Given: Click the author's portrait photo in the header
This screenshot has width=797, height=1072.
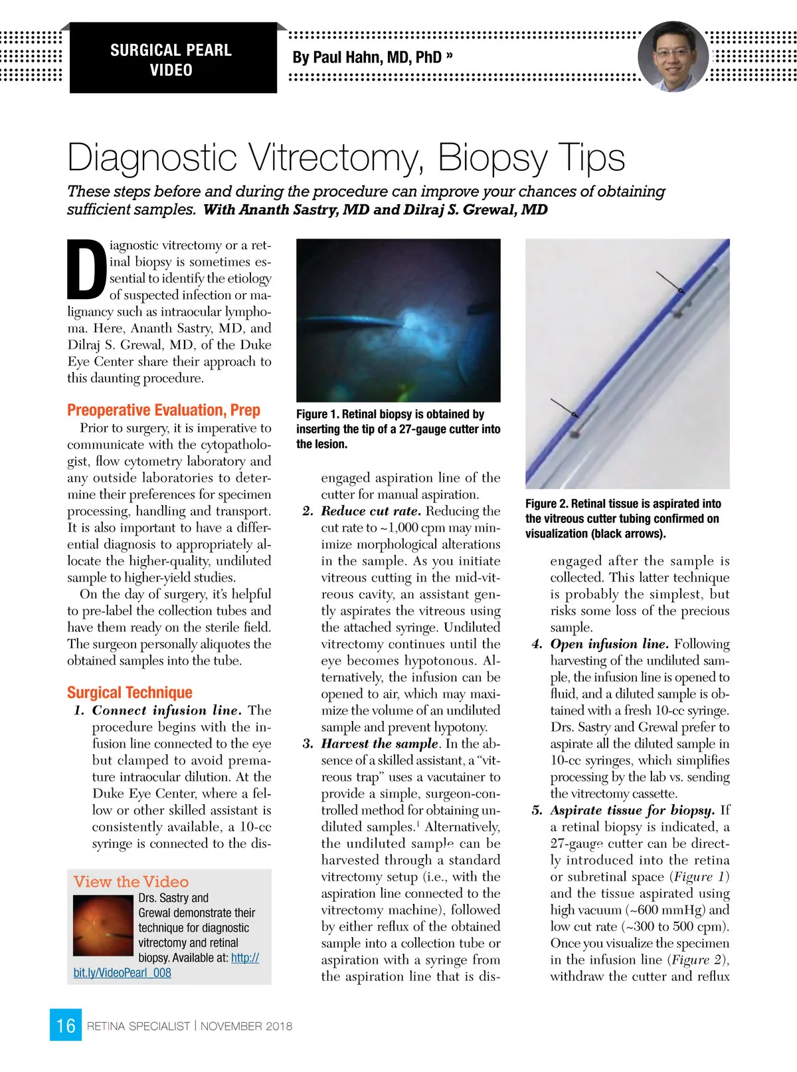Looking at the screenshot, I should (673, 56).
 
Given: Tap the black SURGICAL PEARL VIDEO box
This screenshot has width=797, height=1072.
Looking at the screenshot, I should (172, 59).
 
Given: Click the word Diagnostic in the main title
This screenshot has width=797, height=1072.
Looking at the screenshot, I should (152, 158).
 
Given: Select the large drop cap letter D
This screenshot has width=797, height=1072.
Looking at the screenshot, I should (86, 268).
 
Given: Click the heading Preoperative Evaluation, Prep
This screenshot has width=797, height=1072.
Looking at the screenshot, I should (163, 410).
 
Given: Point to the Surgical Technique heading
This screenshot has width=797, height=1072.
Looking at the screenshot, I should (130, 693).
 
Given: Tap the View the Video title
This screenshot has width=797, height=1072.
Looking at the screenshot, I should (131, 882).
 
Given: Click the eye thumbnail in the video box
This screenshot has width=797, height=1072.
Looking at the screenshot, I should (103, 926).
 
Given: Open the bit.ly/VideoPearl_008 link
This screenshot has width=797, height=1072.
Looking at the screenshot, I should (122, 973).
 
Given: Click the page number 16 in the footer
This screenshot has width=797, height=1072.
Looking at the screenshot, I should (65, 1025).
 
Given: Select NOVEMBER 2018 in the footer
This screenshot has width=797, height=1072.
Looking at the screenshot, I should (246, 1026).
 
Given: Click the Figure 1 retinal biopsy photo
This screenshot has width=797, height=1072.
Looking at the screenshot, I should (398, 320).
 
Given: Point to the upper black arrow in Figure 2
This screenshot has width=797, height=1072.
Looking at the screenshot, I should (669, 282).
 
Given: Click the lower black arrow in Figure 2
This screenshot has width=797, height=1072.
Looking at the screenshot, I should (564, 407).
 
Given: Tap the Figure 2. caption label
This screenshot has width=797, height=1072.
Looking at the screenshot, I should (546, 504).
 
